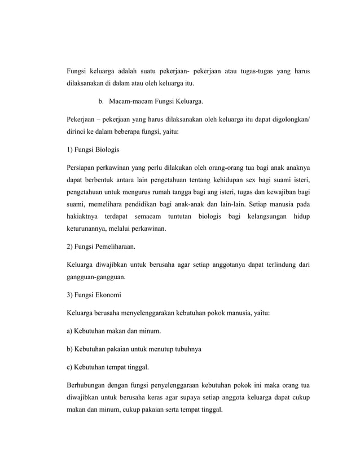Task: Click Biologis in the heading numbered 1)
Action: (106, 151)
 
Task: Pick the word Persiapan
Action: (80, 168)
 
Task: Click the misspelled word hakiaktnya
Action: (83, 217)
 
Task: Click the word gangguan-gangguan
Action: (96, 278)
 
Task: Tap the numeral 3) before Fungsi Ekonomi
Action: (70, 295)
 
